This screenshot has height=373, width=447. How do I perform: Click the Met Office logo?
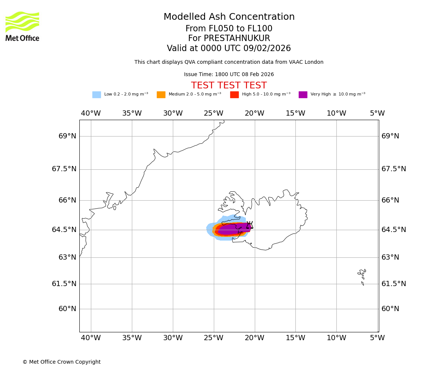click(x=22, y=26)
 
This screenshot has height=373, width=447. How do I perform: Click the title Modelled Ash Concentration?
click(x=229, y=17)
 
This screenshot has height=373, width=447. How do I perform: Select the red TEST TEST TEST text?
click(x=229, y=85)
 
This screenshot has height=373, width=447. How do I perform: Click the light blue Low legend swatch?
click(x=96, y=95)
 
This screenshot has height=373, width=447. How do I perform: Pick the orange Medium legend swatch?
click(x=161, y=95)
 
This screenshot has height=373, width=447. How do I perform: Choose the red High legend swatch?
click(x=234, y=95)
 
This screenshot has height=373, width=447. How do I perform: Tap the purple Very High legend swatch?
click(x=303, y=95)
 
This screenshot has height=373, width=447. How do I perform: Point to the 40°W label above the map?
click(x=91, y=113)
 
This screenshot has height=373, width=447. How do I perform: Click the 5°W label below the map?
click(x=377, y=338)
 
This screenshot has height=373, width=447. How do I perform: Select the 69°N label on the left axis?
click(x=67, y=136)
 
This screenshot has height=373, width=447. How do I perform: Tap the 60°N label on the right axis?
click(x=390, y=309)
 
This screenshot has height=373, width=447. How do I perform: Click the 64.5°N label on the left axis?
click(x=64, y=230)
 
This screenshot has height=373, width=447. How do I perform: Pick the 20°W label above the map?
click(x=254, y=113)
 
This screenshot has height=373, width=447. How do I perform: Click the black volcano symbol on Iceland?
click(x=250, y=225)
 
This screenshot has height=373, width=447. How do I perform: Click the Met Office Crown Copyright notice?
click(x=61, y=362)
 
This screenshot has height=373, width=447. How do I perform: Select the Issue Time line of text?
click(x=229, y=75)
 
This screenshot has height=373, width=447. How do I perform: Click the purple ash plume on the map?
click(x=233, y=229)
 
